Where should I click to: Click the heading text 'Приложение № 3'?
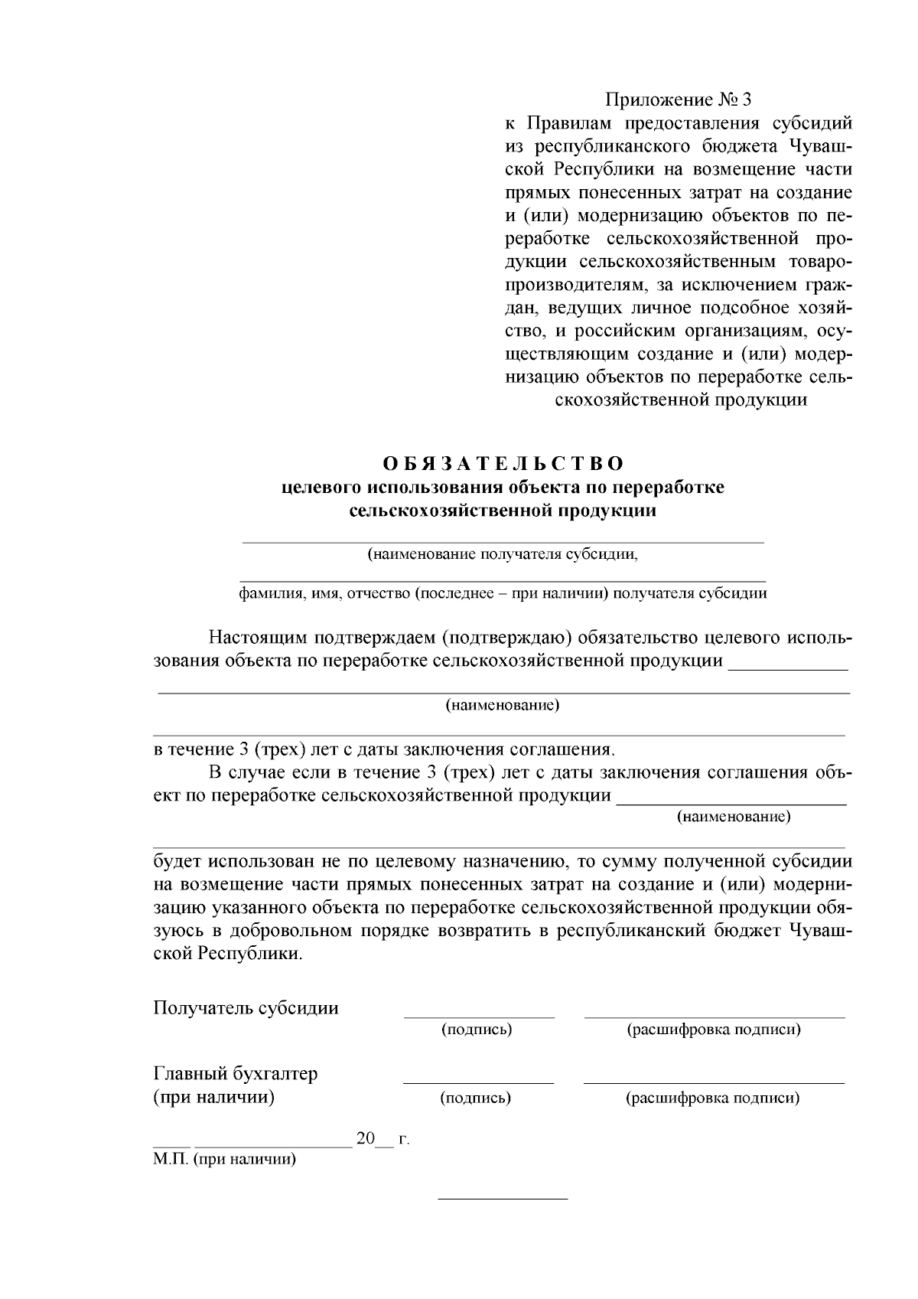pyautogui.click(x=679, y=100)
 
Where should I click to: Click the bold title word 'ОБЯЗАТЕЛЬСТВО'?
pyautogui.click(x=503, y=464)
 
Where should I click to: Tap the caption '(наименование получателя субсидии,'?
pyautogui.click(x=503, y=554)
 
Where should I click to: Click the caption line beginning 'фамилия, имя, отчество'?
pyautogui.click(x=503, y=593)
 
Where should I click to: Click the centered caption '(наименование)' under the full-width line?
pyautogui.click(x=503, y=705)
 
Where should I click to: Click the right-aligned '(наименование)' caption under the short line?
pyautogui.click(x=734, y=817)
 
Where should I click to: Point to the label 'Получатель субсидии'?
pyautogui.click(x=246, y=1007)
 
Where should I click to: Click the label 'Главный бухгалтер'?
pyautogui.click(x=236, y=1074)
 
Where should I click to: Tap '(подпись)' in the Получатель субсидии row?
pyautogui.click(x=477, y=1030)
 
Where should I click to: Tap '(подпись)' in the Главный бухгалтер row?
pyautogui.click(x=476, y=1098)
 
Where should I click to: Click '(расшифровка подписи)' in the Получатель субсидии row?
pyautogui.click(x=714, y=1030)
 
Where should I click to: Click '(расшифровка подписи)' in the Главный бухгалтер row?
pyautogui.click(x=713, y=1098)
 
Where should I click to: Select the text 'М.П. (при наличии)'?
pyautogui.click(x=224, y=1160)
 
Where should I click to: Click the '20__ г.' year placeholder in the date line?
pyautogui.click(x=382, y=1139)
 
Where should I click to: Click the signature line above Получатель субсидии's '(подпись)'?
pyautogui.click(x=479, y=1017)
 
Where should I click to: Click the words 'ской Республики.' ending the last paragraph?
pyautogui.click(x=228, y=955)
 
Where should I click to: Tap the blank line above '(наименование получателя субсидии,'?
pyautogui.click(x=503, y=542)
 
